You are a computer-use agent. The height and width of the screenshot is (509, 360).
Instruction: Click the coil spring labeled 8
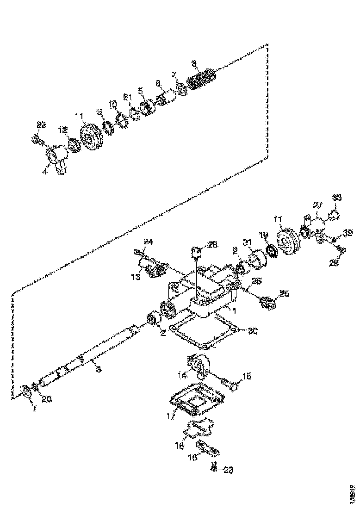pyautogui.click(x=202, y=79)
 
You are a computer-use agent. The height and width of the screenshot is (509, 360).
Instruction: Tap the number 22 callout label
pyautogui.click(x=41, y=124)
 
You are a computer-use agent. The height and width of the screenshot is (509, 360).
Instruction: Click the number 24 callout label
pyautogui.click(x=148, y=241)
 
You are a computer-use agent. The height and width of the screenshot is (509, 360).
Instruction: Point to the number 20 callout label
pyautogui.click(x=47, y=399)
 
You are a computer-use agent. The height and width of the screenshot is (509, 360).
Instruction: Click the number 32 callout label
pyautogui.click(x=348, y=233)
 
